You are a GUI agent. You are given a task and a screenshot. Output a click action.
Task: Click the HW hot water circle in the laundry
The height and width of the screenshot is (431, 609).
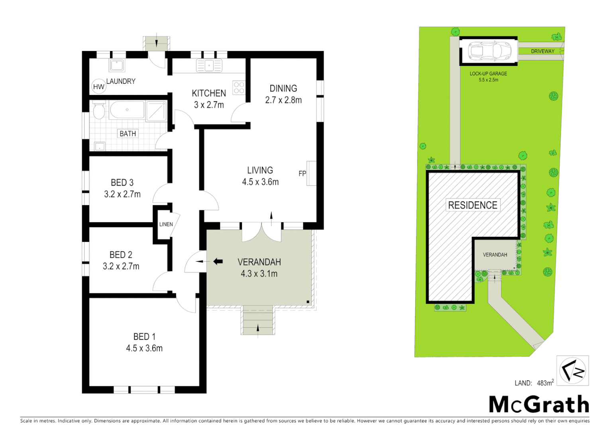[98, 87]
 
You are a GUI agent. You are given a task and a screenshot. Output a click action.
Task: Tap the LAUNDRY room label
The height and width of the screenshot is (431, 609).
[121, 81]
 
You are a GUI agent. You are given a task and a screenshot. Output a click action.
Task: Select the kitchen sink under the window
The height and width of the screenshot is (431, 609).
[209, 65]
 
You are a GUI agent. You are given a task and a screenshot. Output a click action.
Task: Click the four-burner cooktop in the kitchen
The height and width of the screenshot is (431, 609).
[239, 87]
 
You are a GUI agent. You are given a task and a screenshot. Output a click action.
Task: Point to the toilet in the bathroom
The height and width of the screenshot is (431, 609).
[98, 110]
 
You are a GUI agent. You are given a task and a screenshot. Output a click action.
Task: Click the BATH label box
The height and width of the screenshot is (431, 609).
[128, 134]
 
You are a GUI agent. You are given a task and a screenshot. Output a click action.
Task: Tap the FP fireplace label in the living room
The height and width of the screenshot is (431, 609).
[302, 174]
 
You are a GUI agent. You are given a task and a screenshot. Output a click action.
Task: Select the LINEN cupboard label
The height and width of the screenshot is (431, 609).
[166, 224]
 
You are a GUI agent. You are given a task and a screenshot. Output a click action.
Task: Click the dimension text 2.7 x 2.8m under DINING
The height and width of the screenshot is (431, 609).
[283, 100]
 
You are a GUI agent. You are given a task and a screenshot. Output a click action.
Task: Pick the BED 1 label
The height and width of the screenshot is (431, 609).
[144, 336]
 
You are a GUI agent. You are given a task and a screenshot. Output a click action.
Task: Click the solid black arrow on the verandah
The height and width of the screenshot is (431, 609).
[218, 262]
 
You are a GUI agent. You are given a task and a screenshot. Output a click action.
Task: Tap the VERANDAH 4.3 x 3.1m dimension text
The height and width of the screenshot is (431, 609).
[259, 274]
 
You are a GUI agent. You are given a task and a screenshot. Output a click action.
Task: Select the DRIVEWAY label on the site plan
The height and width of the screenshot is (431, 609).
[542, 51]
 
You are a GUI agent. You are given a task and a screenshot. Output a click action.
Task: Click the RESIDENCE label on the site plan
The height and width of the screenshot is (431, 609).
[473, 205]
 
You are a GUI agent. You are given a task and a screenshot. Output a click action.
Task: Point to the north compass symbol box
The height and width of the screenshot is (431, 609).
[573, 371]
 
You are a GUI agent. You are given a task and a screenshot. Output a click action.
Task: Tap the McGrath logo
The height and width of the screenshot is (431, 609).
[539, 405]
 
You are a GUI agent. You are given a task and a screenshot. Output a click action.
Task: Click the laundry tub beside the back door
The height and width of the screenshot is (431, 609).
[117, 65]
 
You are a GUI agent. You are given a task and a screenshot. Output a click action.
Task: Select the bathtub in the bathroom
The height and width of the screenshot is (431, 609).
[127, 110]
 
